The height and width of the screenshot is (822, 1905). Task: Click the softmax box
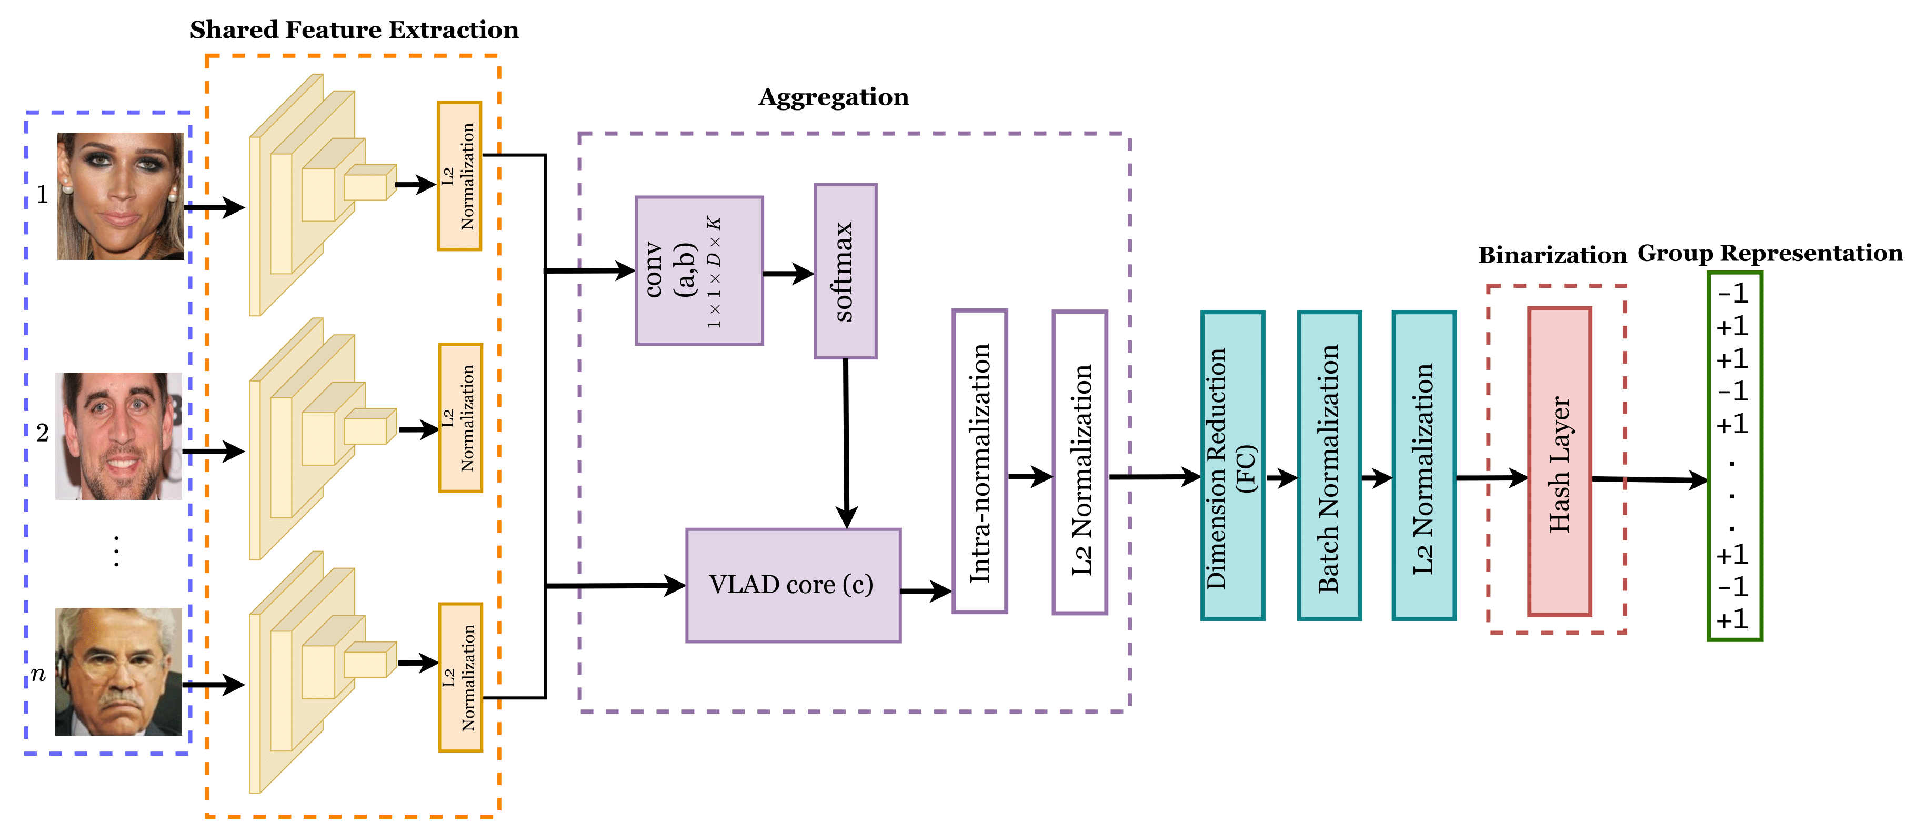click(845, 272)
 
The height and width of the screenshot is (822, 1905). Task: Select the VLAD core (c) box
click(793, 585)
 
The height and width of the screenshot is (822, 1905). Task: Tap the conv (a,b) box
click(699, 270)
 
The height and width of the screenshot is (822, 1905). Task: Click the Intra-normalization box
click(979, 462)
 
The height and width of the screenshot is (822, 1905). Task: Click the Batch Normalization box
click(1329, 466)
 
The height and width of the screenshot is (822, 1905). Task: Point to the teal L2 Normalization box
click(1423, 466)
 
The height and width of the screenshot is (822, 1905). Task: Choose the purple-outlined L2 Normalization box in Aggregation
click(1080, 462)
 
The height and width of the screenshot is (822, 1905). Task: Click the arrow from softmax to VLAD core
click(846, 444)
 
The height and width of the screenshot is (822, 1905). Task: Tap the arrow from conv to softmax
click(788, 274)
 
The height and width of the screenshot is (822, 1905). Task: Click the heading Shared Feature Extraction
click(354, 29)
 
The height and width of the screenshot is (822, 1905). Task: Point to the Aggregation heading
click(834, 97)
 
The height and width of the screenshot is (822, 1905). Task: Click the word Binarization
click(1552, 255)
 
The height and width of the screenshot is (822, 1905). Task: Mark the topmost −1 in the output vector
click(1733, 294)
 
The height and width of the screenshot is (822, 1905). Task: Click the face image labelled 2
click(118, 436)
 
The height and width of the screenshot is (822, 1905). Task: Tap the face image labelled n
click(118, 671)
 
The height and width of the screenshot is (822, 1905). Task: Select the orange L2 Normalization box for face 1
click(459, 176)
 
